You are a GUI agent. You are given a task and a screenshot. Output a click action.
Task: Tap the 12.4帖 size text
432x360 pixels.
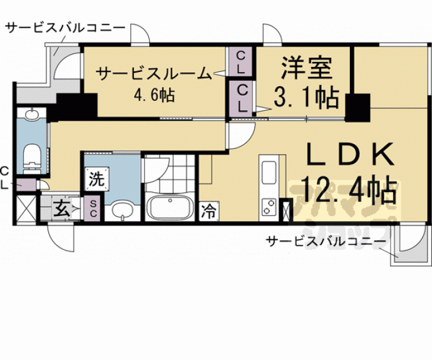pyautogui.click(x=349, y=188)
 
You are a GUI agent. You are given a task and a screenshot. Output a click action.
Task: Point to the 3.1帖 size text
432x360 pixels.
pyautogui.click(x=306, y=98)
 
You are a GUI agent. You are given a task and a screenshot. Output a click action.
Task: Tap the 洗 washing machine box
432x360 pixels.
pyautogui.click(x=96, y=179)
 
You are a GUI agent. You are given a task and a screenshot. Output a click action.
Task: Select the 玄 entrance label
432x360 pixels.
pyautogui.click(x=61, y=208)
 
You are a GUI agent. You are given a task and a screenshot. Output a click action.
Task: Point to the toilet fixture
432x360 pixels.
pyautogui.click(x=30, y=156)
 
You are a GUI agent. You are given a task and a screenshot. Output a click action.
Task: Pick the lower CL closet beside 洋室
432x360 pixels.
pyautogui.click(x=240, y=98)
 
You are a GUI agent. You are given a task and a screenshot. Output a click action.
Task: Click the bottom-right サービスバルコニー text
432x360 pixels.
pyautogui.click(x=325, y=240)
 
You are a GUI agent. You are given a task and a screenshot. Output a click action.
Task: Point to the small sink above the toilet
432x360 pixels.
pyautogui.click(x=31, y=115)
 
